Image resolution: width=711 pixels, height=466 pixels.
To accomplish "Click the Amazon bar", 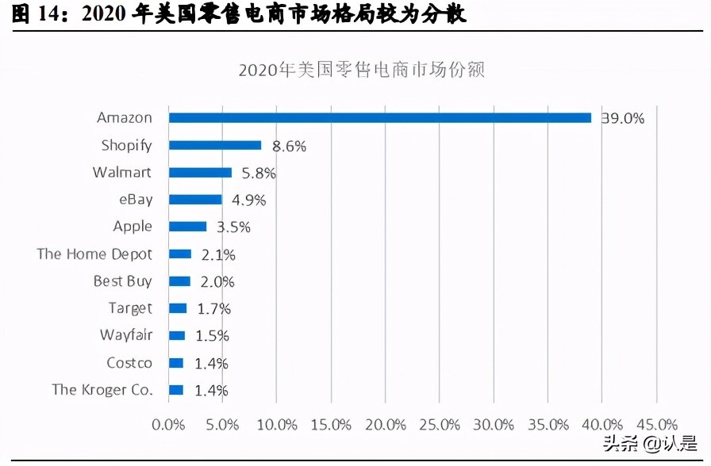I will (380, 117).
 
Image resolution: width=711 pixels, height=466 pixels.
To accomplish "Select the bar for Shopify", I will (215, 145).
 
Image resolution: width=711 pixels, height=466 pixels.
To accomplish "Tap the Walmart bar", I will (200, 172).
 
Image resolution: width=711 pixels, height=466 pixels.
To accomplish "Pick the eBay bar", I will (195, 200).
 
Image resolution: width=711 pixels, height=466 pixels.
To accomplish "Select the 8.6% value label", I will (289, 146).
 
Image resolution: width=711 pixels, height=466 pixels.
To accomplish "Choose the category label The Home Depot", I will (94, 254).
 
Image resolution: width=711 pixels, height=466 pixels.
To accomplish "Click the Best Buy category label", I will (122, 281).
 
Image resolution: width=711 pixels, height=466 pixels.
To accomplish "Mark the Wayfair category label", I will (125, 335).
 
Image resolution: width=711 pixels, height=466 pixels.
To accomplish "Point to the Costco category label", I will (129, 363).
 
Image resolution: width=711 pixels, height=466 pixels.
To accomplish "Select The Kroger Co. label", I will (102, 390).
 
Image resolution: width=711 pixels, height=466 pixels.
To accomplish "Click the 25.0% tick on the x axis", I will (440, 425).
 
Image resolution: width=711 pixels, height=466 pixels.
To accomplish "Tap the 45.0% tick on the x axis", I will (656, 425).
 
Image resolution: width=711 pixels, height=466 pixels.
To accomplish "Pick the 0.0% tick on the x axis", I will (168, 425).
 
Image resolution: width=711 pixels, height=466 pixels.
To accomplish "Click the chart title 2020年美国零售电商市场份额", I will (361, 70).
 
